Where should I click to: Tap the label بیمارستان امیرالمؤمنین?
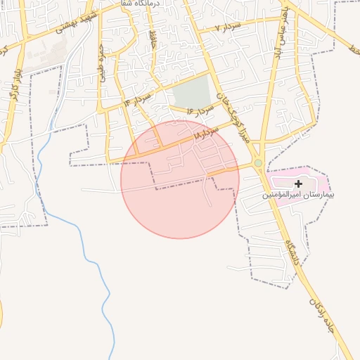(x=298, y=194)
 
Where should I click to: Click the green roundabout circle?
(x=258, y=163)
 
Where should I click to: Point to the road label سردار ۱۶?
(x=200, y=111)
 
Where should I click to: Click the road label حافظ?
(x=153, y=40)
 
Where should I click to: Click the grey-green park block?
(x=192, y=92)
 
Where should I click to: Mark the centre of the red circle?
(x=180, y=179)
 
